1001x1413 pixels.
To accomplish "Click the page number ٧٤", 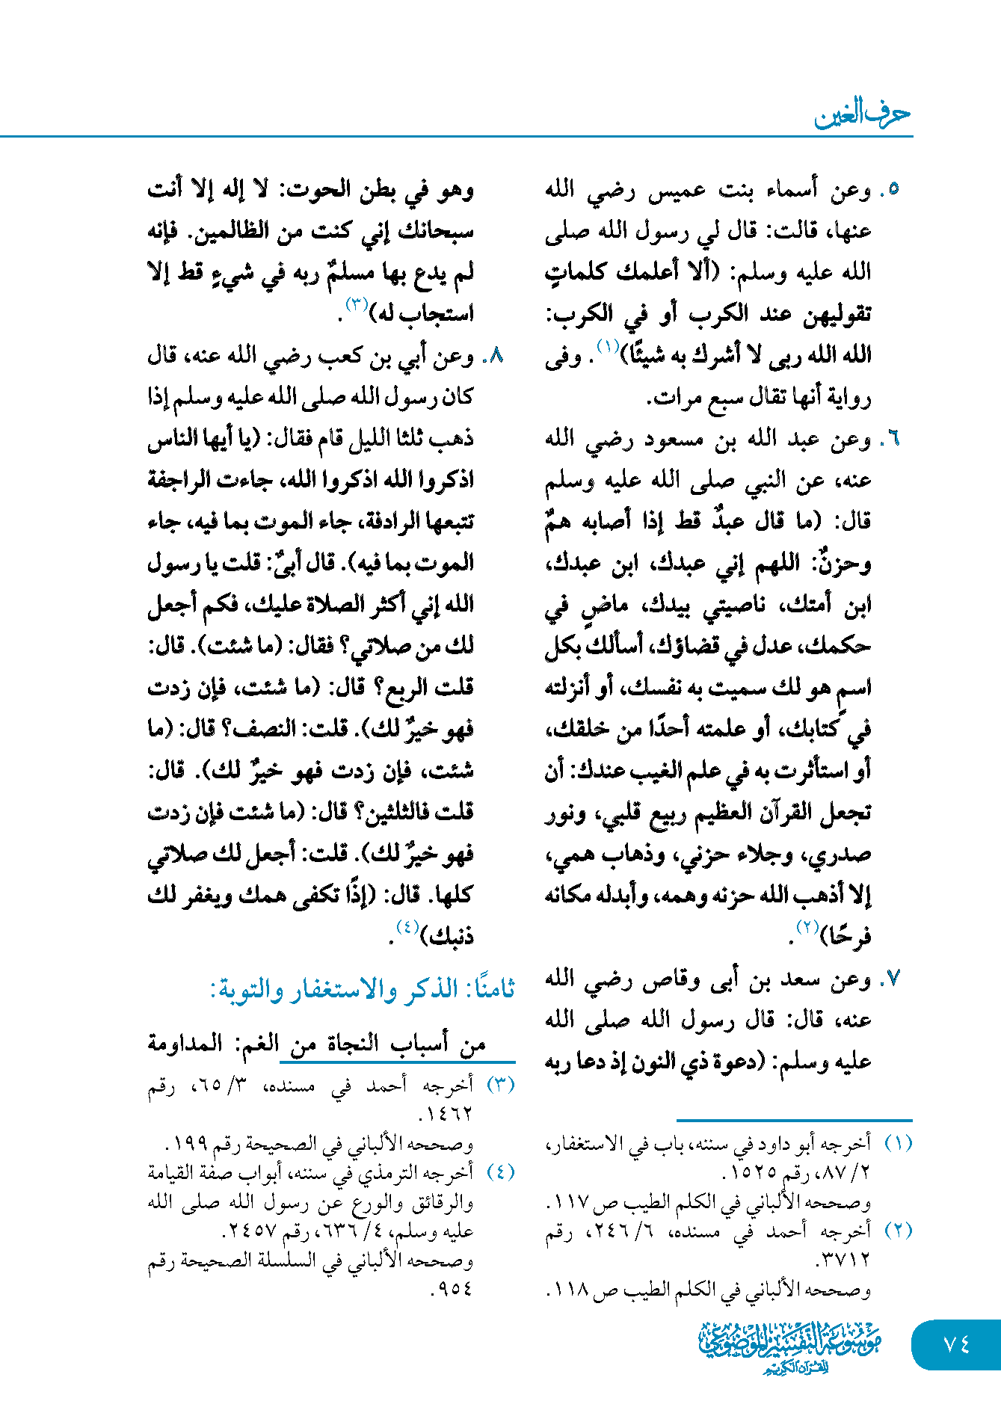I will (956, 1344).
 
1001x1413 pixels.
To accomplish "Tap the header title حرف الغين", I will (861, 114).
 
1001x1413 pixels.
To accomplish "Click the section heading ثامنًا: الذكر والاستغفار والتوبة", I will (363, 989).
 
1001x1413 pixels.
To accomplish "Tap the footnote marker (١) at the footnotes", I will (898, 1143).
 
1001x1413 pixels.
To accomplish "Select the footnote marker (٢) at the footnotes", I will (898, 1230).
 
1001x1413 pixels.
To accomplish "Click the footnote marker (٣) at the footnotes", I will (500, 1085).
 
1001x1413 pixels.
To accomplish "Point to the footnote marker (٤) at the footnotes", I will (500, 1172).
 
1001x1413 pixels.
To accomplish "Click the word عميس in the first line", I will (675, 190).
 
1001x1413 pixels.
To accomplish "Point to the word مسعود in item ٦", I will (674, 439).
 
